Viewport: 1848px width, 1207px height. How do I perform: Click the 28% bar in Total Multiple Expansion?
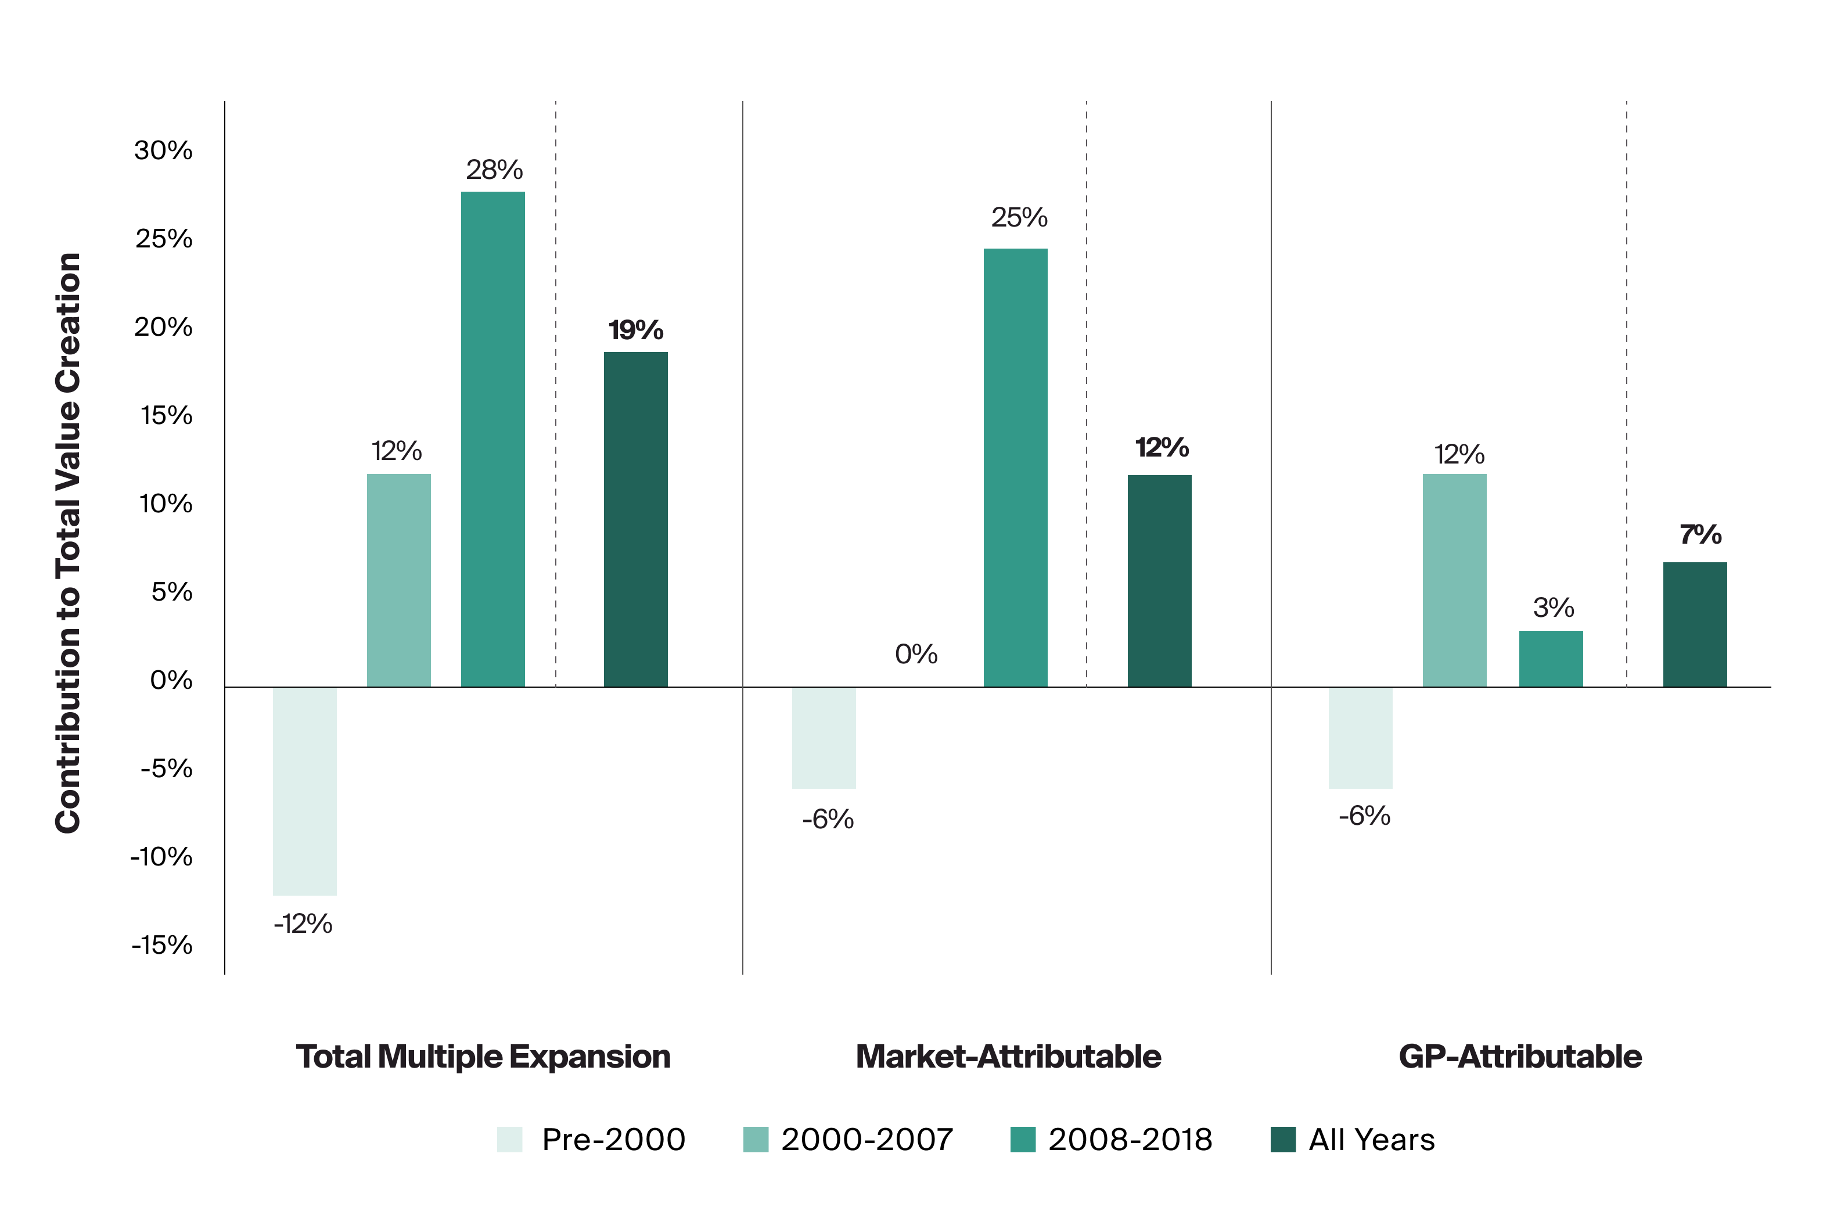(x=492, y=439)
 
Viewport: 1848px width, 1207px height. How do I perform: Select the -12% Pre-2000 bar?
(x=304, y=791)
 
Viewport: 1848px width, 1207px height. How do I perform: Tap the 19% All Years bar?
(x=635, y=519)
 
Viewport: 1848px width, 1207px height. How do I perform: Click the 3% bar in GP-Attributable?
(x=1550, y=659)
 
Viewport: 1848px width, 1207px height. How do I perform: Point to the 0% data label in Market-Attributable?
(x=915, y=654)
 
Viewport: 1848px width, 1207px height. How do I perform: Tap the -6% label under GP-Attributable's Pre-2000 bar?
(x=1364, y=816)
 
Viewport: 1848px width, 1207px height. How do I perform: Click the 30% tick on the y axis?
(x=163, y=150)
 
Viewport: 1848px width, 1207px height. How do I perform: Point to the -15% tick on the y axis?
(x=161, y=944)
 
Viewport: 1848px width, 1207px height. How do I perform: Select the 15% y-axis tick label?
(x=166, y=415)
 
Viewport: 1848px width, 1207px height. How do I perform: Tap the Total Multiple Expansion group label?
(x=483, y=1057)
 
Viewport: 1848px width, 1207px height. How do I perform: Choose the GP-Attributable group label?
(x=1519, y=1057)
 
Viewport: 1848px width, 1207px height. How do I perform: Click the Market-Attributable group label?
(x=1008, y=1057)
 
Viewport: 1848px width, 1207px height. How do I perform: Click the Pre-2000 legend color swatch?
(x=509, y=1140)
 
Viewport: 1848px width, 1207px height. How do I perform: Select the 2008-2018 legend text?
(x=1130, y=1140)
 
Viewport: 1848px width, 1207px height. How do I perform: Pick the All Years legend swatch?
(x=1283, y=1140)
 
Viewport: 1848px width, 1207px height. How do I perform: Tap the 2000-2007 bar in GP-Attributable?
(x=1454, y=580)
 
